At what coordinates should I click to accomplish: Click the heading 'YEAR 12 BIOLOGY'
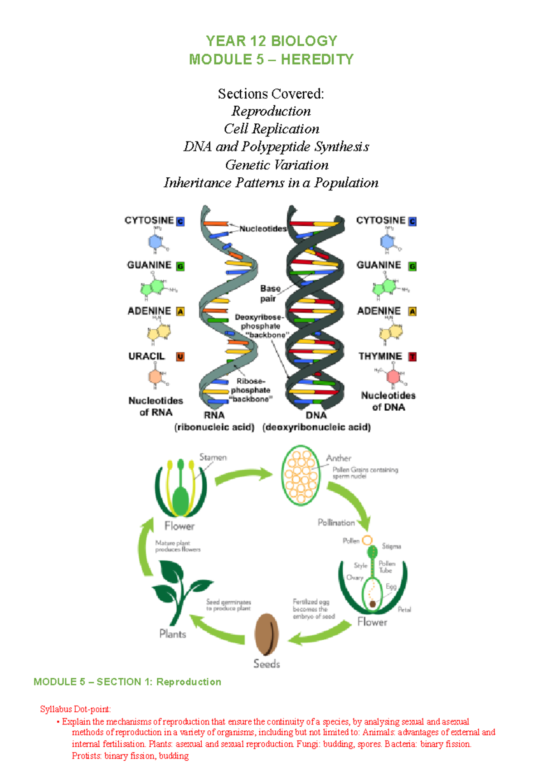pos(272,41)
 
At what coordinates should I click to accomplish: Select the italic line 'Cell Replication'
pos(272,129)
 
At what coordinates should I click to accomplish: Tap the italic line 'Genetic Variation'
pos(277,165)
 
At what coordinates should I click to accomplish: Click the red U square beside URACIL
pos(180,357)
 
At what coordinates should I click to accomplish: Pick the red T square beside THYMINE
pos(412,357)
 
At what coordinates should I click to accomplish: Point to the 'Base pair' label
pos(270,293)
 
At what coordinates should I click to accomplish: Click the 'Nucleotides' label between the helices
pos(263,229)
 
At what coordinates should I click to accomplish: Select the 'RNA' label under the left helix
pos(214,415)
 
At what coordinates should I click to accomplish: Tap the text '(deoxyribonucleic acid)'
pos(316,427)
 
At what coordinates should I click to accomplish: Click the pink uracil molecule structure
pos(155,377)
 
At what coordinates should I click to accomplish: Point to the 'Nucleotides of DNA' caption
pos(389,401)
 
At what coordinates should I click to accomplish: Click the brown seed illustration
pos(267,634)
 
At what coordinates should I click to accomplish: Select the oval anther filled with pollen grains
pos(301,475)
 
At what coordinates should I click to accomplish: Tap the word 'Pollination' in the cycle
pos(336,523)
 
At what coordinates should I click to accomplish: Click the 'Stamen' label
pos(213,457)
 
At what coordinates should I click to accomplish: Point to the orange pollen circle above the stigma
pos(367,540)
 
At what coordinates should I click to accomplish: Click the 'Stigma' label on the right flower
pos(391,546)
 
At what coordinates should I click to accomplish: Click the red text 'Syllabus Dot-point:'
pos(75,709)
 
